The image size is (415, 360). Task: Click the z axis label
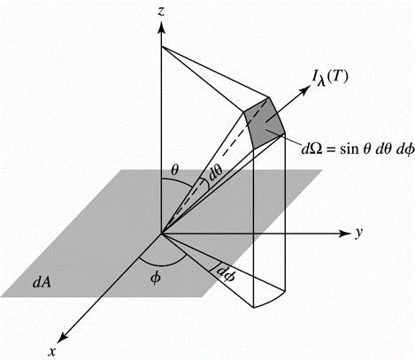click(x=161, y=11)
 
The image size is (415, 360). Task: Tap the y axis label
click(x=358, y=233)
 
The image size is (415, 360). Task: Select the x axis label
click(x=52, y=351)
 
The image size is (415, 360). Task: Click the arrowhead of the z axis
click(x=161, y=27)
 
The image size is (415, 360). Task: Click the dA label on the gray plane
click(x=42, y=282)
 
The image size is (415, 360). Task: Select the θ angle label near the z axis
click(x=174, y=171)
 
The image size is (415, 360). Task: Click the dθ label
click(x=215, y=174)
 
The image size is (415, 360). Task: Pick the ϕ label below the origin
click(x=155, y=278)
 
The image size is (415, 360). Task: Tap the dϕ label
click(x=226, y=273)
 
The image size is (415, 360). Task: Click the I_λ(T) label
click(x=330, y=79)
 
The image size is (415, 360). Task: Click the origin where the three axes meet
click(x=161, y=234)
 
